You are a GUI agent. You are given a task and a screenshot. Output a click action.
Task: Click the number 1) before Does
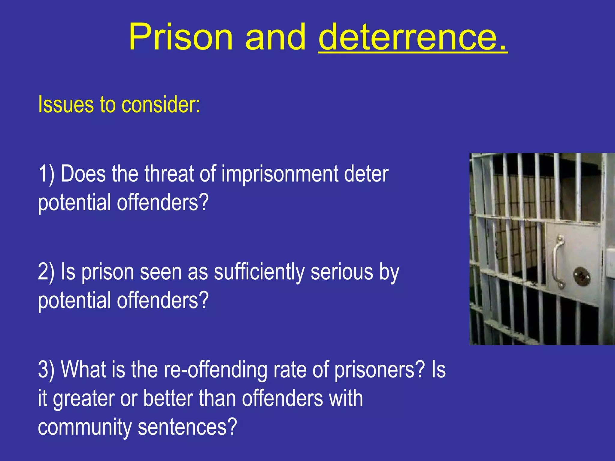point(46,174)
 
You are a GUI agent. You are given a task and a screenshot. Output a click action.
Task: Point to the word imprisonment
point(280,174)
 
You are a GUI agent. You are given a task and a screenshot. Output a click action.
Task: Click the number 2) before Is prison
point(46,272)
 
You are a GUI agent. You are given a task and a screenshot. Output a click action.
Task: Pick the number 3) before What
point(46,370)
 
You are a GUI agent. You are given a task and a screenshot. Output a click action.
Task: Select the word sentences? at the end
point(187,427)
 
